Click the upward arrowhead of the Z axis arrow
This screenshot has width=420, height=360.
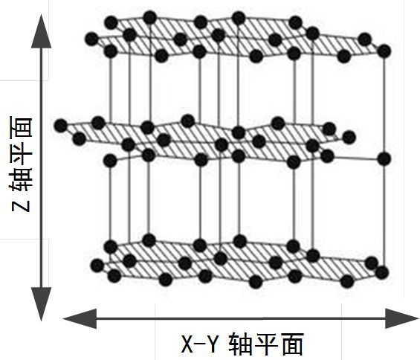(x=41, y=32)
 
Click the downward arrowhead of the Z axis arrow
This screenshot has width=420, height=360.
(x=41, y=303)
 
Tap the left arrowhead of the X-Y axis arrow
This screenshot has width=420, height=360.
(x=80, y=318)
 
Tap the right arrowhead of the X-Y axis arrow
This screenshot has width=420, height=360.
(x=401, y=318)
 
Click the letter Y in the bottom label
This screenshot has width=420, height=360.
(x=213, y=344)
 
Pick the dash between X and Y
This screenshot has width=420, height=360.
(x=201, y=344)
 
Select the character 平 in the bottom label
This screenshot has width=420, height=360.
(x=266, y=344)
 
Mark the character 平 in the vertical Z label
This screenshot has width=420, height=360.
(x=21, y=152)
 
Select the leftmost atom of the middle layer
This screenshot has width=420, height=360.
(x=61, y=126)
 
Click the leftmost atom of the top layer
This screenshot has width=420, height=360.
(x=92, y=39)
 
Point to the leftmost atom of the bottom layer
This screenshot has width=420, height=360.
(x=97, y=266)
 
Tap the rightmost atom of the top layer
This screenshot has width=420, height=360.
(x=384, y=51)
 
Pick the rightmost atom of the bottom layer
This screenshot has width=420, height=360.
(x=382, y=273)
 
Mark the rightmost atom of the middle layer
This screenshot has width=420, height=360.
(x=384, y=159)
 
